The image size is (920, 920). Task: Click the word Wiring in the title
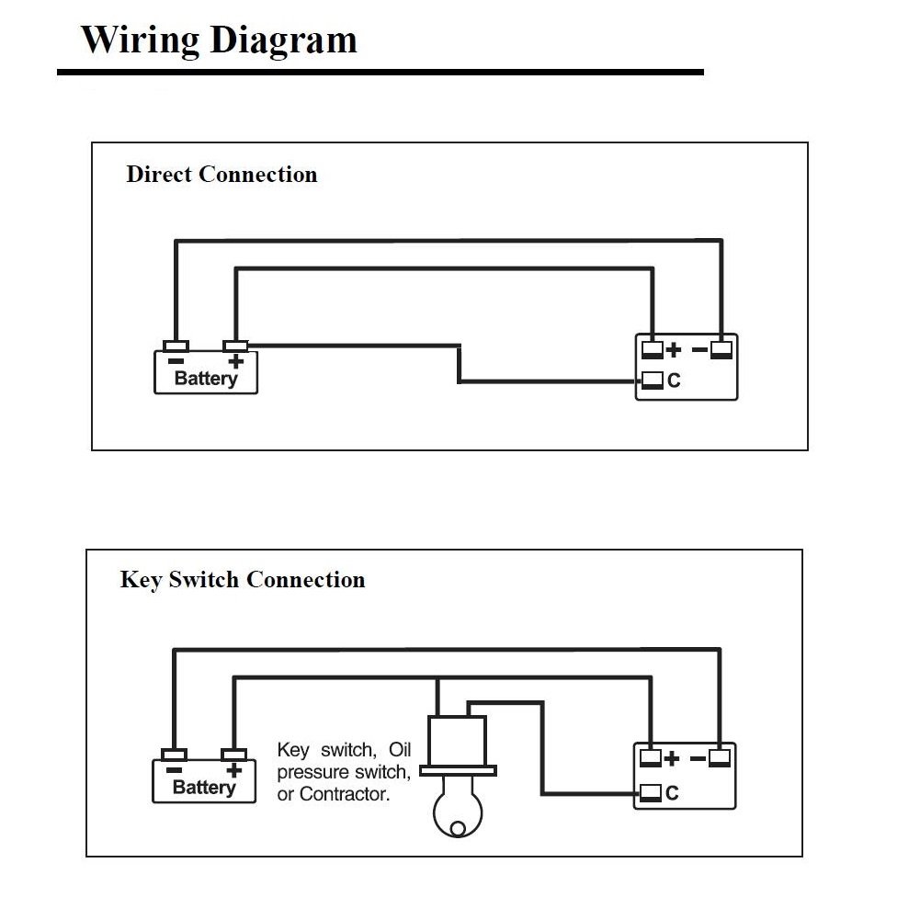[140, 40]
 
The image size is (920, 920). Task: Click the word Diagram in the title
[283, 40]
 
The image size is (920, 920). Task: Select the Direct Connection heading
[221, 175]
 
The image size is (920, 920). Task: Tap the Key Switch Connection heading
[243, 580]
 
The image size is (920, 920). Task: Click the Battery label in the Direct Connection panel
[206, 379]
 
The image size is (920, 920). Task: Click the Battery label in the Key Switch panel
[204, 788]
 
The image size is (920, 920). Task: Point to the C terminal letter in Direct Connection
[674, 380]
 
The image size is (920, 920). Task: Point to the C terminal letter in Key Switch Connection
[672, 793]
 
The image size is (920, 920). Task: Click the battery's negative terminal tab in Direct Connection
[176, 346]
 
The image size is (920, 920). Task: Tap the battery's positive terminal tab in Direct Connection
[235, 346]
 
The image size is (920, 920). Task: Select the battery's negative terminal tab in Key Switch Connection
[174, 755]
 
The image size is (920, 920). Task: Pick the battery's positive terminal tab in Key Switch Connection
[233, 755]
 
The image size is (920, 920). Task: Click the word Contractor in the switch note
[344, 794]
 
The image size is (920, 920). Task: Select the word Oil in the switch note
[400, 750]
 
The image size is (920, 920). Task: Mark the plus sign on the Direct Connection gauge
[674, 349]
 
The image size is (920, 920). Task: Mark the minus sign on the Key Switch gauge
[699, 759]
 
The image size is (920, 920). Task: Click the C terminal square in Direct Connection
[652, 380]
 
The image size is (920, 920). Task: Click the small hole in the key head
[458, 828]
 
